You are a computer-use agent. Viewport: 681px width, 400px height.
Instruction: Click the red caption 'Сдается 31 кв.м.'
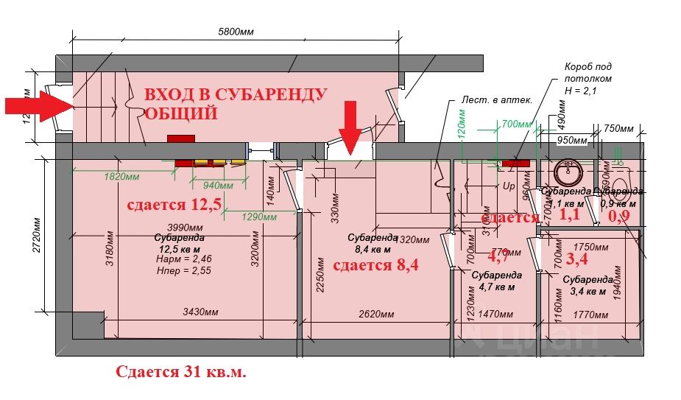tap(180, 372)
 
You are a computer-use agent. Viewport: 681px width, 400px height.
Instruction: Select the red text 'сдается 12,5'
tap(174, 204)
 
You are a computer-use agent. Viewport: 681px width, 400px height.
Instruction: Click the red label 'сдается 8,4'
tap(375, 265)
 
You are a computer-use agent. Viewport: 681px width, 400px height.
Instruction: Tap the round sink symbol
tap(568, 173)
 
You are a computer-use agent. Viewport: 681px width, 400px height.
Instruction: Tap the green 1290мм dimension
tap(259, 217)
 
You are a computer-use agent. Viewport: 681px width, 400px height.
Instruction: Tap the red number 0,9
tap(618, 216)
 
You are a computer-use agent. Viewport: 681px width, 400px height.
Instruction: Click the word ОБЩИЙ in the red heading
tap(181, 113)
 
